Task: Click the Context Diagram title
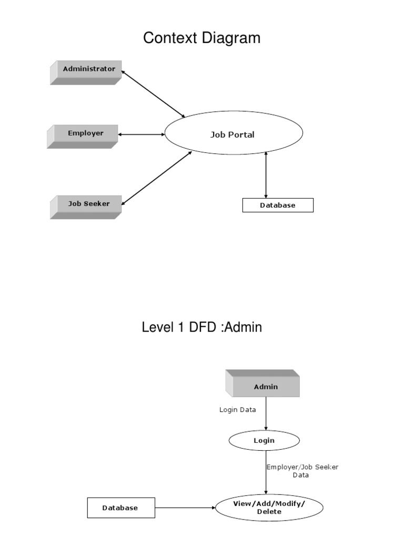pos(202,38)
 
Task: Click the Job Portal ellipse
pos(234,134)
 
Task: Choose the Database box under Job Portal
pos(277,205)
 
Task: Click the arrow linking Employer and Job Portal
pos(142,134)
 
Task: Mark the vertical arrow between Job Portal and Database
pos(266,174)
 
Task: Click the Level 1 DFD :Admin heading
pos(202,327)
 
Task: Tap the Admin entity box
pos(265,387)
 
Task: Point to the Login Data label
pos(237,410)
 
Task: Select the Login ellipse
pos(264,441)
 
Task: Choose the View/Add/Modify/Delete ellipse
pos(269,508)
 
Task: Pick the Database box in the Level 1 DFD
pos(120,508)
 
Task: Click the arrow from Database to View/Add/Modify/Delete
pos(185,508)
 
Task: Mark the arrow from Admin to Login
pos(266,414)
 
